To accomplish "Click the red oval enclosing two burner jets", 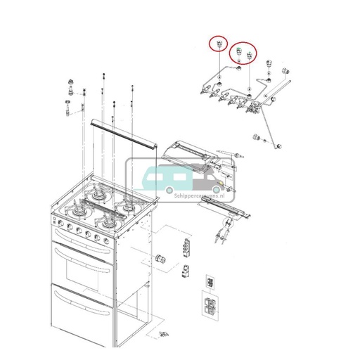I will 244,53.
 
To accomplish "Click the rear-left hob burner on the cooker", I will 96,197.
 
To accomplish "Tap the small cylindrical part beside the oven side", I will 160,258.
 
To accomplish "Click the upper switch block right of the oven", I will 186,247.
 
